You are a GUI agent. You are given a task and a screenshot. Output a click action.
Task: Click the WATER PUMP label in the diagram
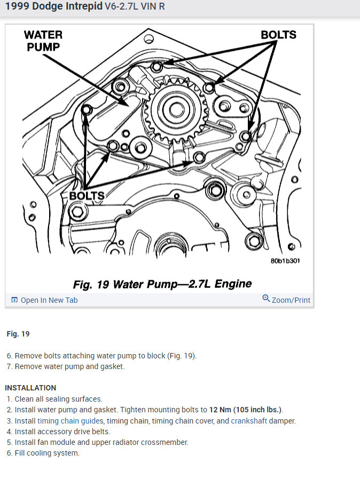tap(43, 41)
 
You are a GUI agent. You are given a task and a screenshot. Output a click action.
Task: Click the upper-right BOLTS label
tap(278, 35)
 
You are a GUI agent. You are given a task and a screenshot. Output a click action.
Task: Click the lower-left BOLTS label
tap(87, 195)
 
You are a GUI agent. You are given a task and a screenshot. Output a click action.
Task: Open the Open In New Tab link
tap(49, 300)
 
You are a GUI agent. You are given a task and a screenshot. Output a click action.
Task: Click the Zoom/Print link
tap(291, 300)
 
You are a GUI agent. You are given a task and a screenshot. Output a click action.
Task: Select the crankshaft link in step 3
tap(251, 421)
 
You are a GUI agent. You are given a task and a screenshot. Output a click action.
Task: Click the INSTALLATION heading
tap(30, 388)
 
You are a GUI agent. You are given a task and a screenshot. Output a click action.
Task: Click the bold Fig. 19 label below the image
tap(18, 334)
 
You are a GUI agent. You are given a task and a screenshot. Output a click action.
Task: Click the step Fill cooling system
tap(47, 453)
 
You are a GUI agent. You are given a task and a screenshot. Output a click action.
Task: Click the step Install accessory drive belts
tap(62, 432)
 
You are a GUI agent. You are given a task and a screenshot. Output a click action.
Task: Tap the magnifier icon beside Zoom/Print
tap(266, 299)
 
